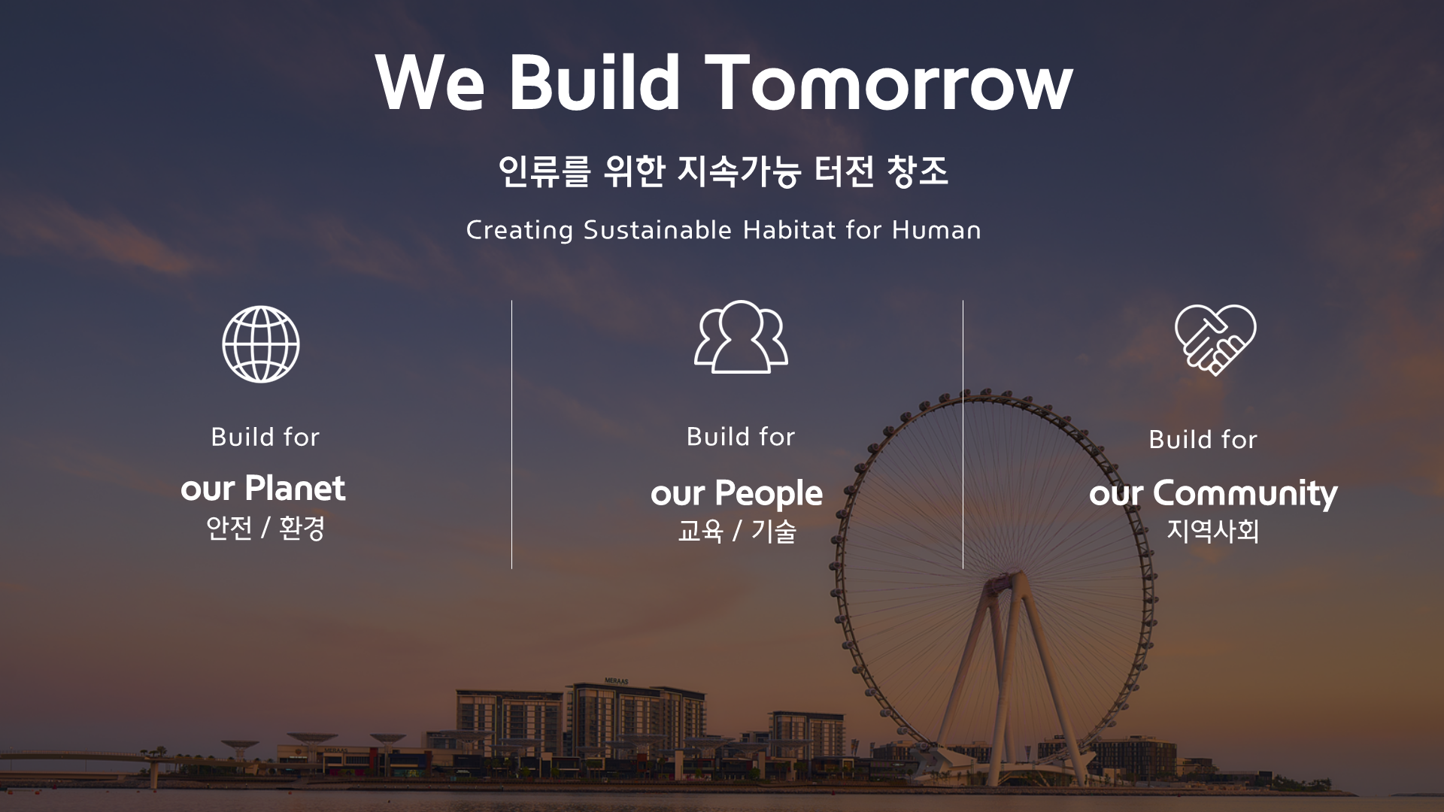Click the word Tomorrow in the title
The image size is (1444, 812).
(888, 83)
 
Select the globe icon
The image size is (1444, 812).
(261, 344)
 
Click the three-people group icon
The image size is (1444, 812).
(741, 336)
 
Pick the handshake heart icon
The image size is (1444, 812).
(1215, 340)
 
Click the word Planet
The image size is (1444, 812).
(295, 489)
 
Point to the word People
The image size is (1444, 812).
(769, 494)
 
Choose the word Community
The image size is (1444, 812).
(1245, 494)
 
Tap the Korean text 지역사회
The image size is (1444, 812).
(1212, 531)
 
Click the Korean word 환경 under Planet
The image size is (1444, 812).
(302, 528)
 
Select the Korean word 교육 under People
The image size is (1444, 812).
(700, 532)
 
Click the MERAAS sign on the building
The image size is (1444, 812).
(617, 680)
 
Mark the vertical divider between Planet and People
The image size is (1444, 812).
(511, 435)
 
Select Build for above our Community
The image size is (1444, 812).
(1203, 439)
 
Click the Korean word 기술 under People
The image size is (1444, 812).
(774, 532)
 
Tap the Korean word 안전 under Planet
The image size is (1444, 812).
(229, 528)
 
